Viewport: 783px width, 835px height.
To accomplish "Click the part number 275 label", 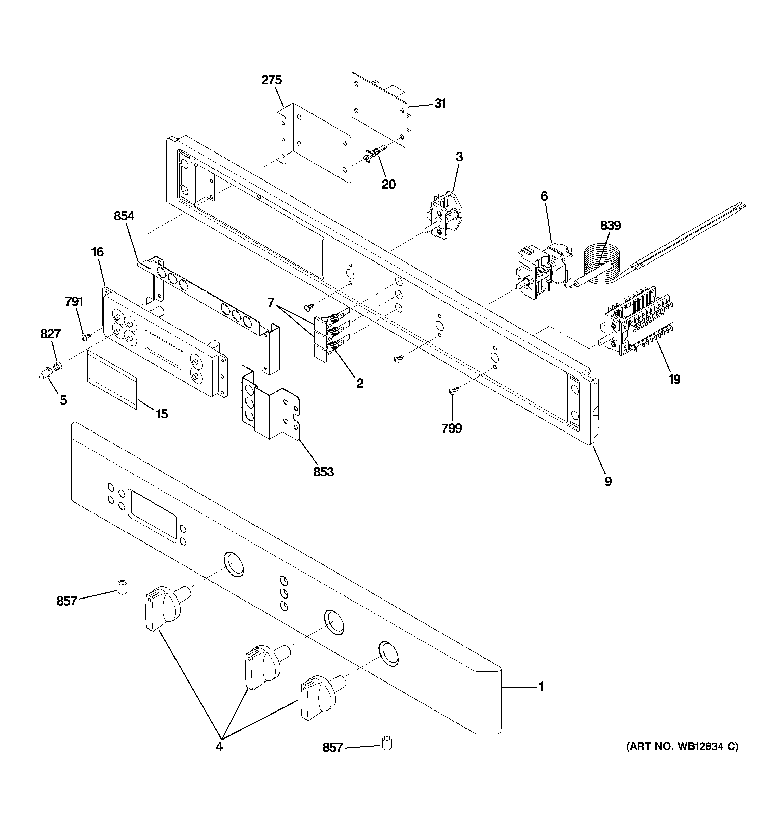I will (271, 80).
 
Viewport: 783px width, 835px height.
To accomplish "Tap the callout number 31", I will (440, 103).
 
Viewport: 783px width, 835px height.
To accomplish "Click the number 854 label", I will (124, 216).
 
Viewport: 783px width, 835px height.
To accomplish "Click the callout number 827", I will (50, 334).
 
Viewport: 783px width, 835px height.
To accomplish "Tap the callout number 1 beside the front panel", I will (541, 687).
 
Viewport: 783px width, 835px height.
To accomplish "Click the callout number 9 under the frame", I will (608, 482).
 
